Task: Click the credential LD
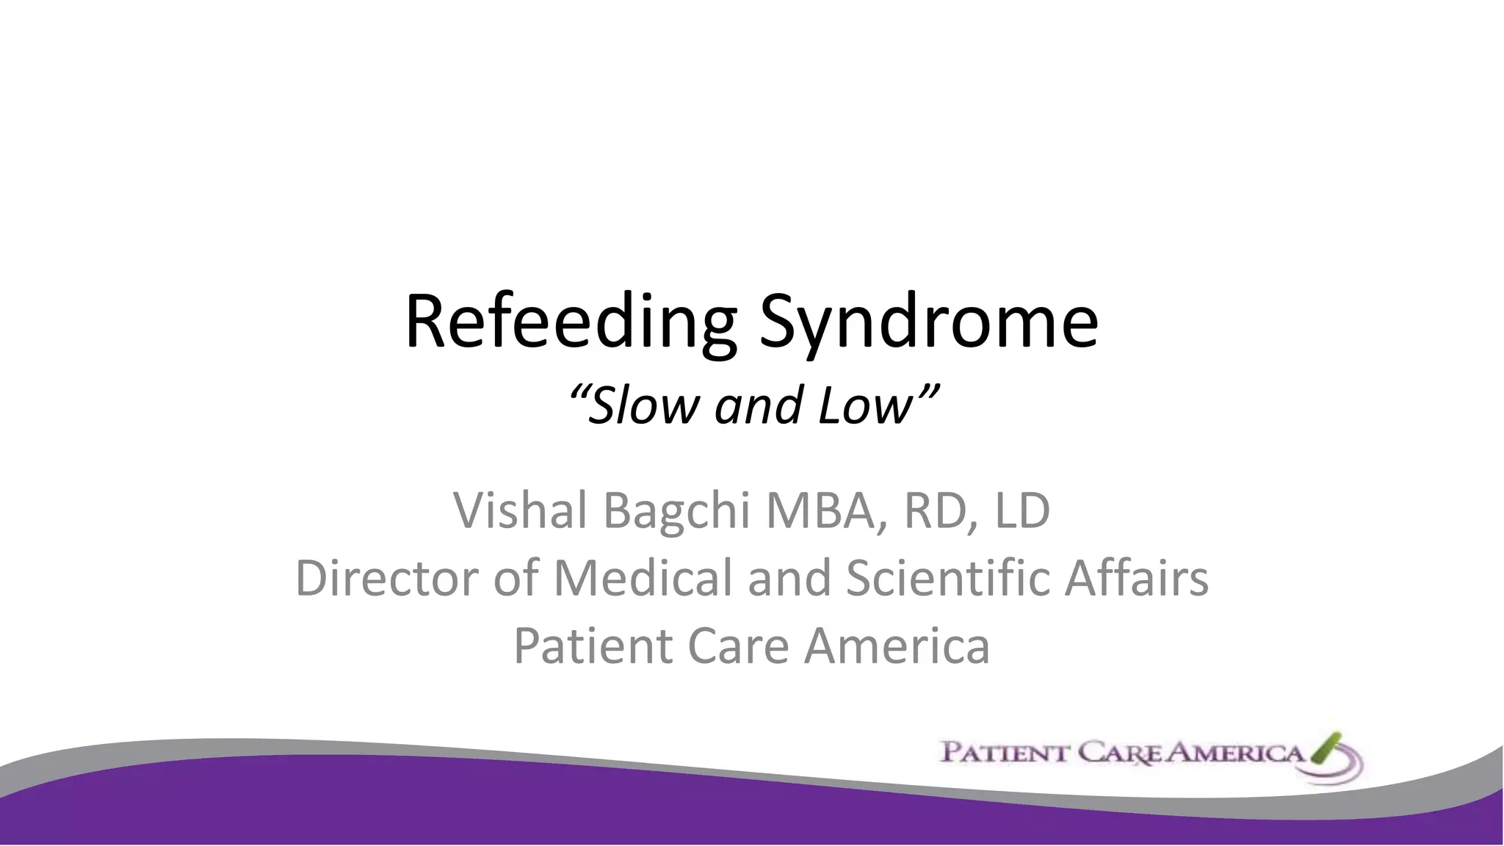coord(1022,511)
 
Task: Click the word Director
coord(387,578)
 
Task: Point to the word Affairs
coord(1136,578)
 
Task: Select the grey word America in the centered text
coord(897,646)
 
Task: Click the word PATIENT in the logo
coord(1004,754)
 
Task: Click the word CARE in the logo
coord(1123,754)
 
